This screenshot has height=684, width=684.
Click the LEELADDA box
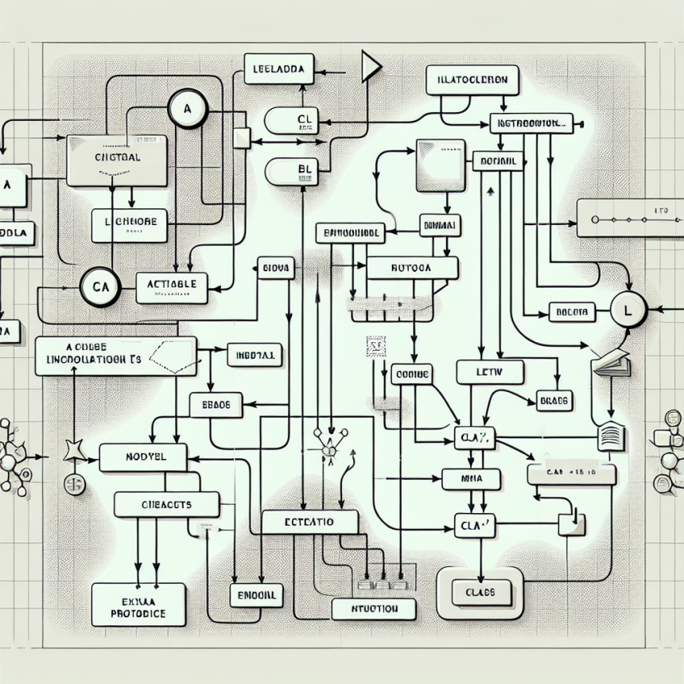[x=278, y=68]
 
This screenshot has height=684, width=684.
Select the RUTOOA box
[x=411, y=268]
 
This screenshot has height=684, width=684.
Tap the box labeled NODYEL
[x=143, y=457]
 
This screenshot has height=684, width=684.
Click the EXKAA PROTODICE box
[x=138, y=604]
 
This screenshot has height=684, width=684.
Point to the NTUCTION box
[x=372, y=609]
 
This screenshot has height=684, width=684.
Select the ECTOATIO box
[x=309, y=523]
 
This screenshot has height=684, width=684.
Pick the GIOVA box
[x=276, y=269]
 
